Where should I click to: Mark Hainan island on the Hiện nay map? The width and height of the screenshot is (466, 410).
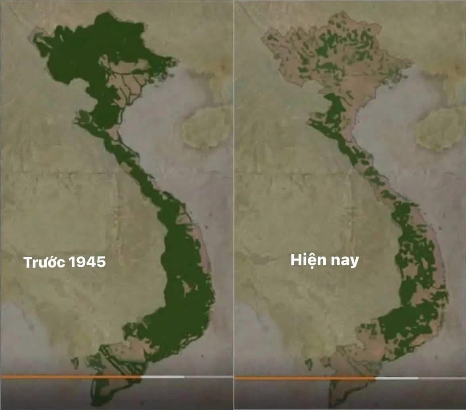click(438, 128)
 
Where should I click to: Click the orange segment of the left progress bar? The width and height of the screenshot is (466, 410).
click(71, 377)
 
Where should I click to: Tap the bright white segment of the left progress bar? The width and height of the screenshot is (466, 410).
click(163, 377)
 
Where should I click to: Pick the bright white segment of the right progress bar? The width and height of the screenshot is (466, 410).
click(397, 378)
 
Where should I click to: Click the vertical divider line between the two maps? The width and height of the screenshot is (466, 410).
click(234, 198)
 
